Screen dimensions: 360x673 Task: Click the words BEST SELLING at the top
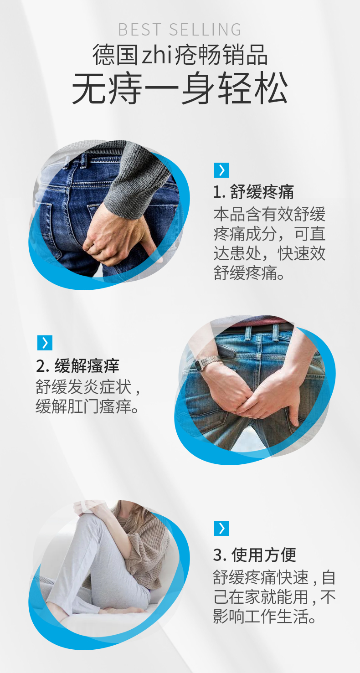pos(180,30)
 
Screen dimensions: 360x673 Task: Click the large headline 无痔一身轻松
pos(180,88)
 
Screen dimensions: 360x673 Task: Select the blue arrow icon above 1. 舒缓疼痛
pos(222,170)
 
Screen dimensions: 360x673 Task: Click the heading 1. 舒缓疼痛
pos(253,192)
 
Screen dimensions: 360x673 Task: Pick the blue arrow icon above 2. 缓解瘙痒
pos(45,343)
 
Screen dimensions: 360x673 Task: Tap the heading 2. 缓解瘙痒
pos(77,366)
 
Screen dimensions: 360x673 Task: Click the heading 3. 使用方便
pos(255,555)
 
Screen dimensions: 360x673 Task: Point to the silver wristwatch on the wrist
pos(207,363)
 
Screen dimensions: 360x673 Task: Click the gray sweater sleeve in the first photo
pos(135,177)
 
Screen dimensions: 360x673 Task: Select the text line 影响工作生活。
pos(264,616)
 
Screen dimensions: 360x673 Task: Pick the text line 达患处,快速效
pos(270,254)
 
